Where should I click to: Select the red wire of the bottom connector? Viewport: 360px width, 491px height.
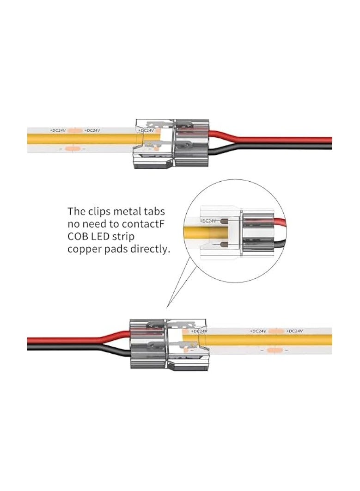69,341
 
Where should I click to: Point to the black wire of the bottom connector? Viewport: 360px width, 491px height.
69,350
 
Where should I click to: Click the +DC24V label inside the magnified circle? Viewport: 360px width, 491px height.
208,221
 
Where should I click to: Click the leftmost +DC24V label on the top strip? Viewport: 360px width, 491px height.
59,131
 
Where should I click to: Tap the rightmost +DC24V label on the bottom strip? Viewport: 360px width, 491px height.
295,331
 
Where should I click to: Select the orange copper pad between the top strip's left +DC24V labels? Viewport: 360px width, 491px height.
75,131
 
